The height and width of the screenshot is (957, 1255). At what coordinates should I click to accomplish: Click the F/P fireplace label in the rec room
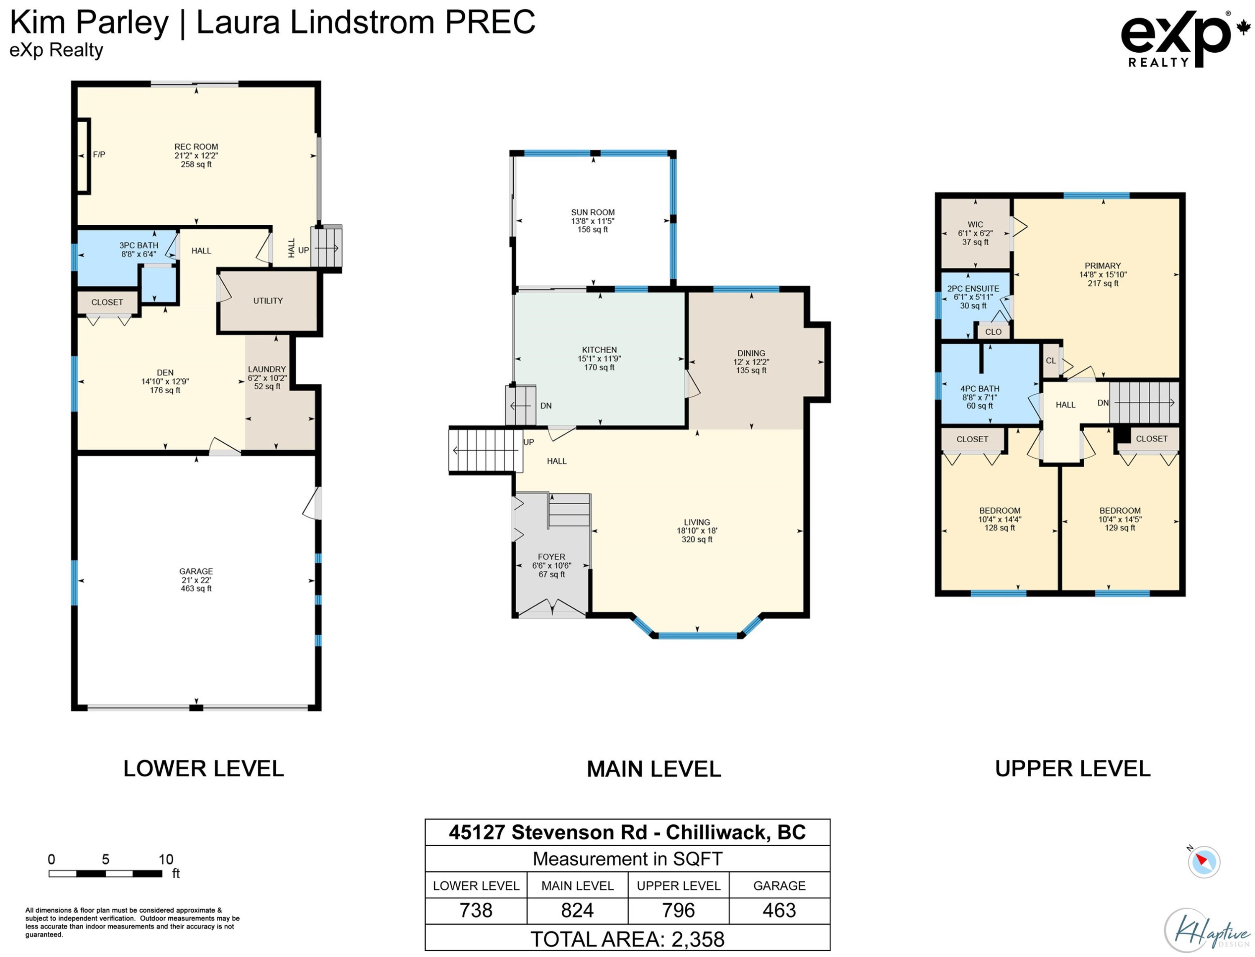coord(99,154)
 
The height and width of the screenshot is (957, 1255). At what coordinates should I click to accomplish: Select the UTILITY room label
coord(268,301)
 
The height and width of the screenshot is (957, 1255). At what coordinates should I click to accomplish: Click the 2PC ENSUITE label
coord(973,289)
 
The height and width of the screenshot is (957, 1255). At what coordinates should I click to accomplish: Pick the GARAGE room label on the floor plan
coord(196,571)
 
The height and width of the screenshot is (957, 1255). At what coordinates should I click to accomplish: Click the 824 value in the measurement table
coord(577,910)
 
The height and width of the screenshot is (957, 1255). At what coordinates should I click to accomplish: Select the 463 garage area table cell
coord(779,910)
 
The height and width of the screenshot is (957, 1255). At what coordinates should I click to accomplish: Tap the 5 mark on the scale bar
coord(105,859)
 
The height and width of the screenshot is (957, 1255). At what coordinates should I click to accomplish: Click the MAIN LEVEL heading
coord(654,770)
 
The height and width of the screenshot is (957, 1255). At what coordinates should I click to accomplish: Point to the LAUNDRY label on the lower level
coord(266,369)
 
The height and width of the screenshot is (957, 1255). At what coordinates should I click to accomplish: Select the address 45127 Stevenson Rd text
coord(548,832)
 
